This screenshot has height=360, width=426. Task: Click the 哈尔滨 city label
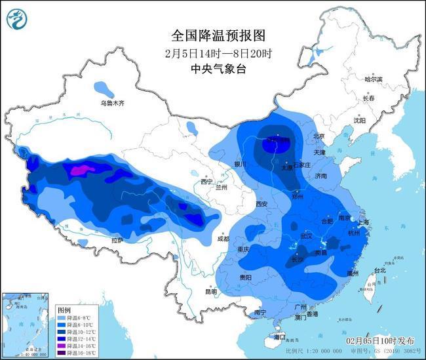374,79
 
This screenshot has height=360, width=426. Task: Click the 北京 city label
319,136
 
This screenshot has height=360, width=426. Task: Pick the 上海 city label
364,222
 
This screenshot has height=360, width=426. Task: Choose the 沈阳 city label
359,120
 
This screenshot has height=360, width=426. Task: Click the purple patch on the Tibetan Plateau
78,171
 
